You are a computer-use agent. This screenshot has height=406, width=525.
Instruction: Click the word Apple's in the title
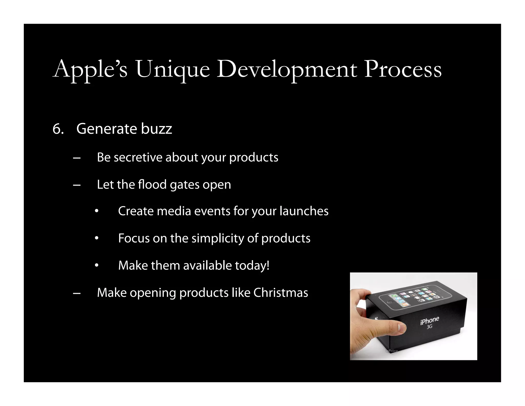[x=90, y=69]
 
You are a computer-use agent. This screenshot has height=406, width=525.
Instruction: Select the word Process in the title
[x=403, y=69]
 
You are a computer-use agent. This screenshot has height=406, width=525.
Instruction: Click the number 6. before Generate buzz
[x=58, y=129]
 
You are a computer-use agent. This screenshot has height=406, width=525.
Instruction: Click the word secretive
[x=138, y=157]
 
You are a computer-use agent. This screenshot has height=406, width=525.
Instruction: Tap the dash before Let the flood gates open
[x=77, y=185]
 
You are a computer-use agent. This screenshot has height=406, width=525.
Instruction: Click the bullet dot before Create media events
[x=96, y=211]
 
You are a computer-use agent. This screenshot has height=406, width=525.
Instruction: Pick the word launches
[x=304, y=211]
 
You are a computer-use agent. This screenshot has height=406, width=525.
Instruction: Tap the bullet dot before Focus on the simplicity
[x=96, y=238]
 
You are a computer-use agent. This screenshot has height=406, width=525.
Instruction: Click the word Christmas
[x=281, y=293]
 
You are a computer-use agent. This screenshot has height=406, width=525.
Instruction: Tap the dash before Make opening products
[x=77, y=293]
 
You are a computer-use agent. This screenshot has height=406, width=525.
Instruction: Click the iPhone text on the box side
[x=430, y=321]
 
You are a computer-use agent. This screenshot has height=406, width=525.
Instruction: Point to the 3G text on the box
[x=430, y=327]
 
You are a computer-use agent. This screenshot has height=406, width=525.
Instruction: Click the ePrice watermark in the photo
[x=392, y=351]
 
